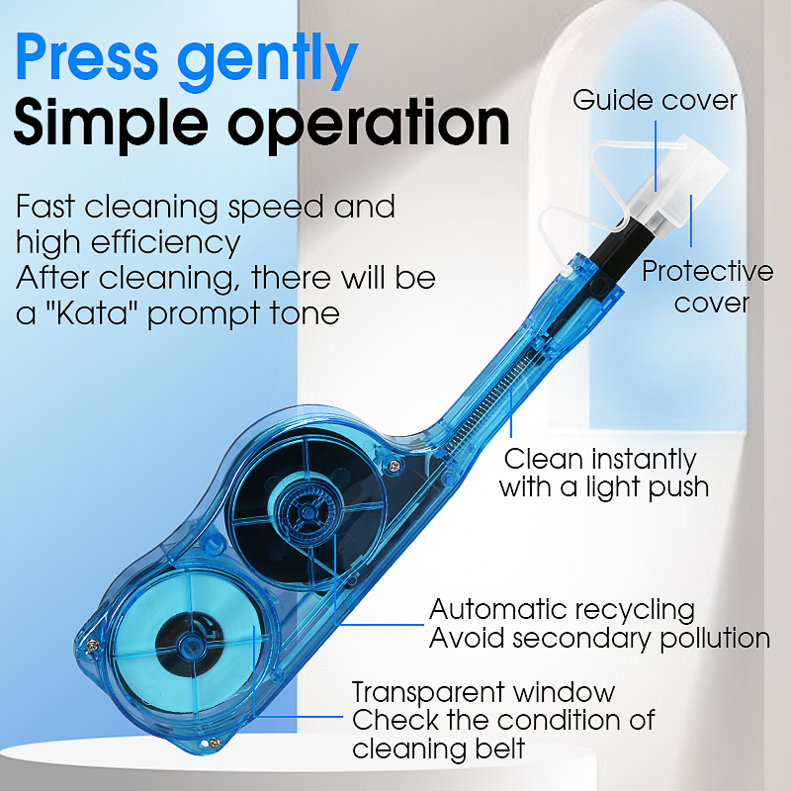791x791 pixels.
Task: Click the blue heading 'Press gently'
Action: [x=187, y=60]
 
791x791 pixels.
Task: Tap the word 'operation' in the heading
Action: [x=369, y=126]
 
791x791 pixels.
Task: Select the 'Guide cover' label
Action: [x=655, y=100]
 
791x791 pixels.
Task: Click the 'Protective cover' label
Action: [x=707, y=287]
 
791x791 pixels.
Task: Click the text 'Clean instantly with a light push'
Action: [x=603, y=474]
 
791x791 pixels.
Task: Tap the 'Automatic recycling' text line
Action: [x=562, y=609]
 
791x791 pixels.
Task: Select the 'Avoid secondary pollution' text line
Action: [x=599, y=638]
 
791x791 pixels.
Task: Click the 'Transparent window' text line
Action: [x=483, y=691]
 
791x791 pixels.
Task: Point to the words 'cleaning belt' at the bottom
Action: [x=438, y=748]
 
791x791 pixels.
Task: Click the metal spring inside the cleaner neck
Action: [x=487, y=402]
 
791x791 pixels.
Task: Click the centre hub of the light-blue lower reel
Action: [x=189, y=645]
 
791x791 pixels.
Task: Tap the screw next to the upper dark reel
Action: [x=395, y=465]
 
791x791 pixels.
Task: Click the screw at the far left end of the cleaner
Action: [x=92, y=645]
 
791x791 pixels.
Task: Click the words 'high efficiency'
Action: [x=129, y=243]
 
